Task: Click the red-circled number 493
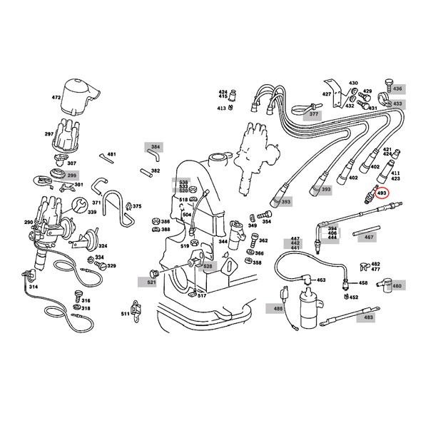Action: (x=382, y=193)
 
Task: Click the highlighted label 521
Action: (x=151, y=282)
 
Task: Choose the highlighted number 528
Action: (x=208, y=266)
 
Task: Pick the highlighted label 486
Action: (x=277, y=309)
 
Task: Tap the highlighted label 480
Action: (x=397, y=286)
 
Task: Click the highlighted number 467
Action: (x=369, y=236)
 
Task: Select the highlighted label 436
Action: (x=397, y=88)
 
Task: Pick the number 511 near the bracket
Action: (x=125, y=313)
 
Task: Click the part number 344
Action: (x=223, y=243)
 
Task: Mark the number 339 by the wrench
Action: (x=92, y=212)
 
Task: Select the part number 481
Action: (x=111, y=154)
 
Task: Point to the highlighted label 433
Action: (x=397, y=103)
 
